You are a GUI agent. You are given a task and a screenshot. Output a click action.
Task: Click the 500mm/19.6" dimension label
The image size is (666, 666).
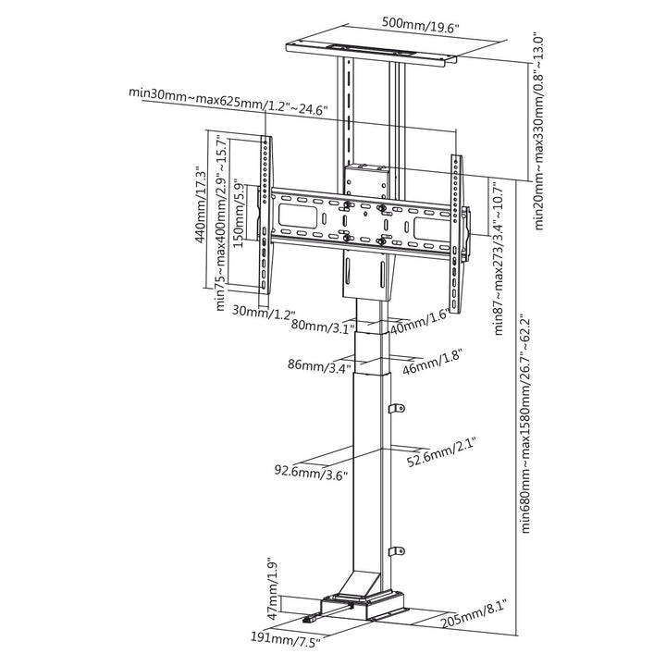point(421,25)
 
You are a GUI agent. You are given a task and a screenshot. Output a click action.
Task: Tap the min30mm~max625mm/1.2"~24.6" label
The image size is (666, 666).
point(228,102)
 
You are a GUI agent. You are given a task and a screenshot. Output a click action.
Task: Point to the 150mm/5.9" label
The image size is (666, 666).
point(239,215)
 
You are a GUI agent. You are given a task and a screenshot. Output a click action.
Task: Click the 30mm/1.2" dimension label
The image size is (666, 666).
point(264,313)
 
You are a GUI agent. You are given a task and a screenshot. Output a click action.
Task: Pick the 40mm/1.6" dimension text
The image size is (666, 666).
point(420,321)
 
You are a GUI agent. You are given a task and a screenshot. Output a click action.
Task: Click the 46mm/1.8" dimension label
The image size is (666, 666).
point(432,362)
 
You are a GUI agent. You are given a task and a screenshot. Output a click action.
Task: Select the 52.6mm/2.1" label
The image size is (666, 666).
point(440,453)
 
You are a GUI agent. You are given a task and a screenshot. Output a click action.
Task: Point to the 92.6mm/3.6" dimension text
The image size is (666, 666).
point(312,472)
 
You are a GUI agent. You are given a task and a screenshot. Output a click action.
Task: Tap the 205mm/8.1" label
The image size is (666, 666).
point(474,614)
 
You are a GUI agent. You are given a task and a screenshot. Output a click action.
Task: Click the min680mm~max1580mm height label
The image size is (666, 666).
point(525,424)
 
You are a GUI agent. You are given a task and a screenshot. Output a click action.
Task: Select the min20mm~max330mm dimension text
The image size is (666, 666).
point(538,132)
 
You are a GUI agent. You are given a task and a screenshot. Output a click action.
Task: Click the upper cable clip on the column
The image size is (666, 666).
point(396,408)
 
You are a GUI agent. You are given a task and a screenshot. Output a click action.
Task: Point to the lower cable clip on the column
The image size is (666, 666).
point(396,551)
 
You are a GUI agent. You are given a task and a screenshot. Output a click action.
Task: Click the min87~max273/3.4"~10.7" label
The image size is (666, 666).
point(499,258)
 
